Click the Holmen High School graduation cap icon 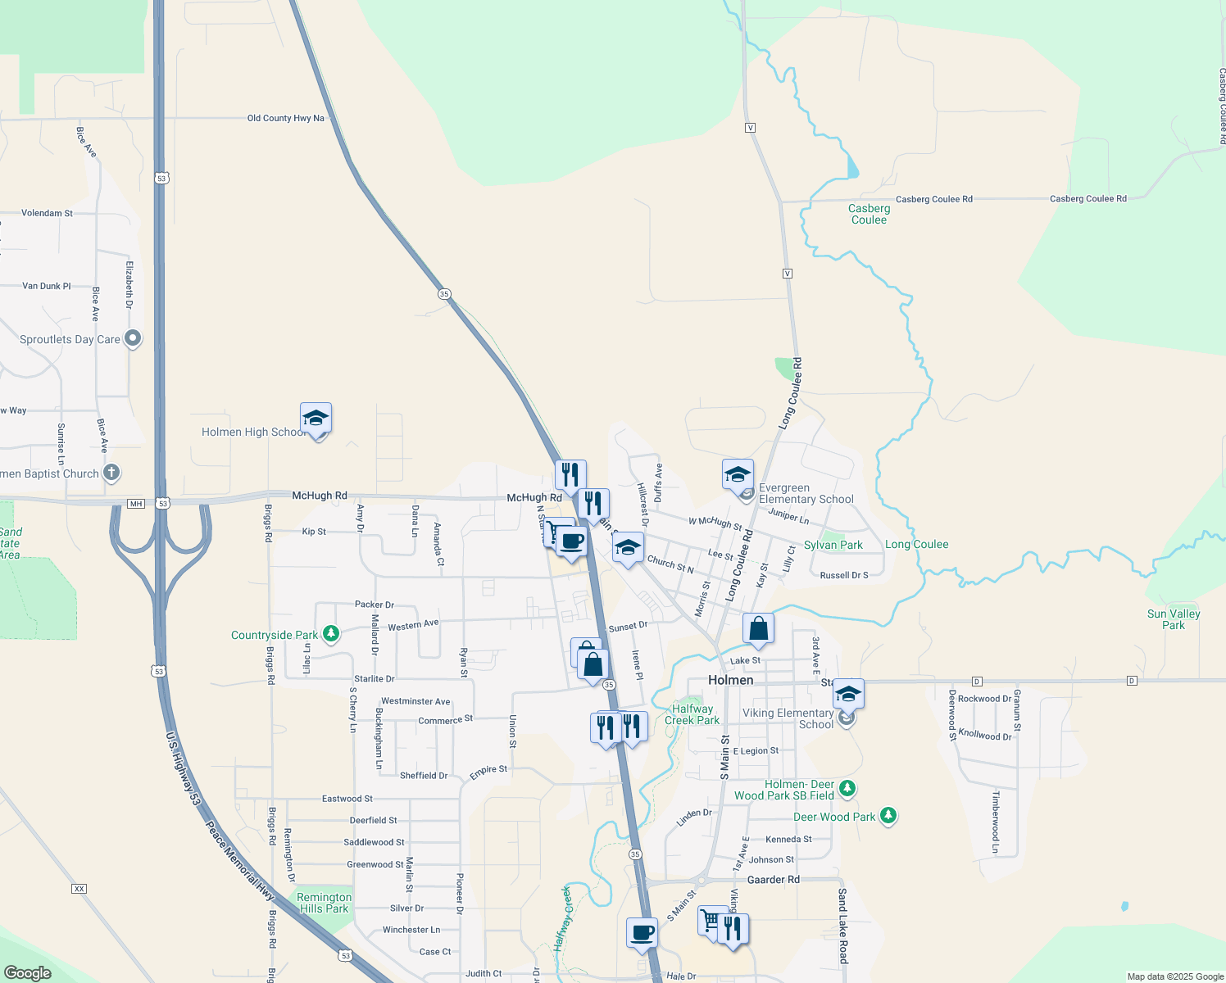pyautogui.click(x=316, y=419)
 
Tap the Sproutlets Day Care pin pyautogui.click(x=133, y=338)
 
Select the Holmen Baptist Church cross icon pyautogui.click(x=111, y=473)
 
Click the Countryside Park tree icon pyautogui.click(x=331, y=634)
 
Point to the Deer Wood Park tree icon pyautogui.click(x=888, y=815)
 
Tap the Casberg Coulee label pyautogui.click(x=869, y=214)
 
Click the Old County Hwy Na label pyautogui.click(x=285, y=118)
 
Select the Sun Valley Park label pyautogui.click(x=1174, y=619)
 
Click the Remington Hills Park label pyautogui.click(x=324, y=903)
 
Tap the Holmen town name pyautogui.click(x=730, y=680)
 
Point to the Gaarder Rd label pyautogui.click(x=774, y=879)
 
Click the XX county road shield pyautogui.click(x=79, y=889)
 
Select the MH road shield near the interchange pyautogui.click(x=136, y=503)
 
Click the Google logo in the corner pyautogui.click(x=28, y=972)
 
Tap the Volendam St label pyautogui.click(x=47, y=213)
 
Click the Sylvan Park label pyautogui.click(x=833, y=545)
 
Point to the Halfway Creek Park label pyautogui.click(x=692, y=714)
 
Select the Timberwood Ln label pyautogui.click(x=995, y=822)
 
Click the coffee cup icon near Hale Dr pyautogui.click(x=642, y=932)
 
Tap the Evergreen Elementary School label pyautogui.click(x=806, y=493)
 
